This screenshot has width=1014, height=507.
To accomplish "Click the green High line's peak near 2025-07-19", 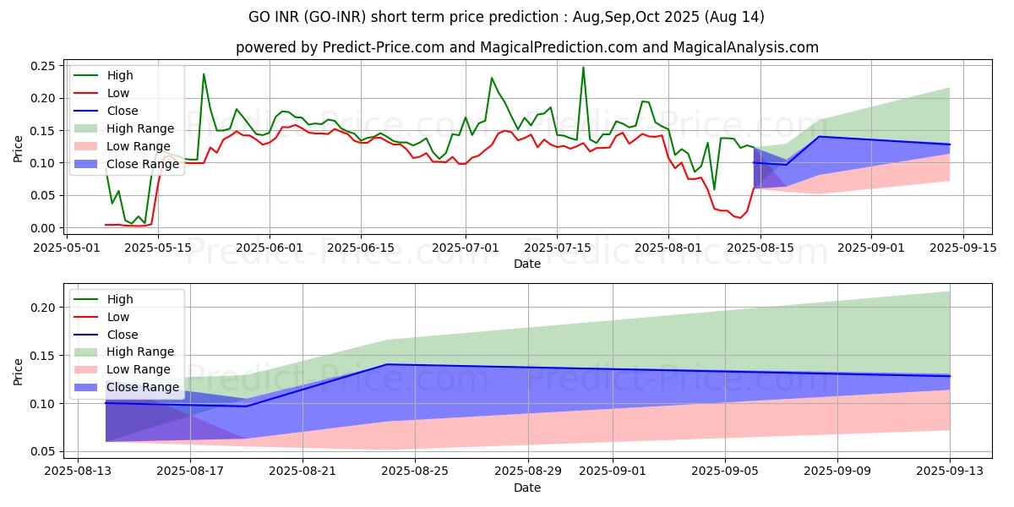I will pos(583,68).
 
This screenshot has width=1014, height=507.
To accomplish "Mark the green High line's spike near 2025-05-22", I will pos(204,74).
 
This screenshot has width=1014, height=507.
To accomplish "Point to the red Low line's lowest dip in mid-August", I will pos(740,218).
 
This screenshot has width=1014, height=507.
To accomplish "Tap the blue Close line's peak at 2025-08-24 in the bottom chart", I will pos(387,364).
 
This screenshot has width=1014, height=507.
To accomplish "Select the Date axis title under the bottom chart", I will pos(526,488).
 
